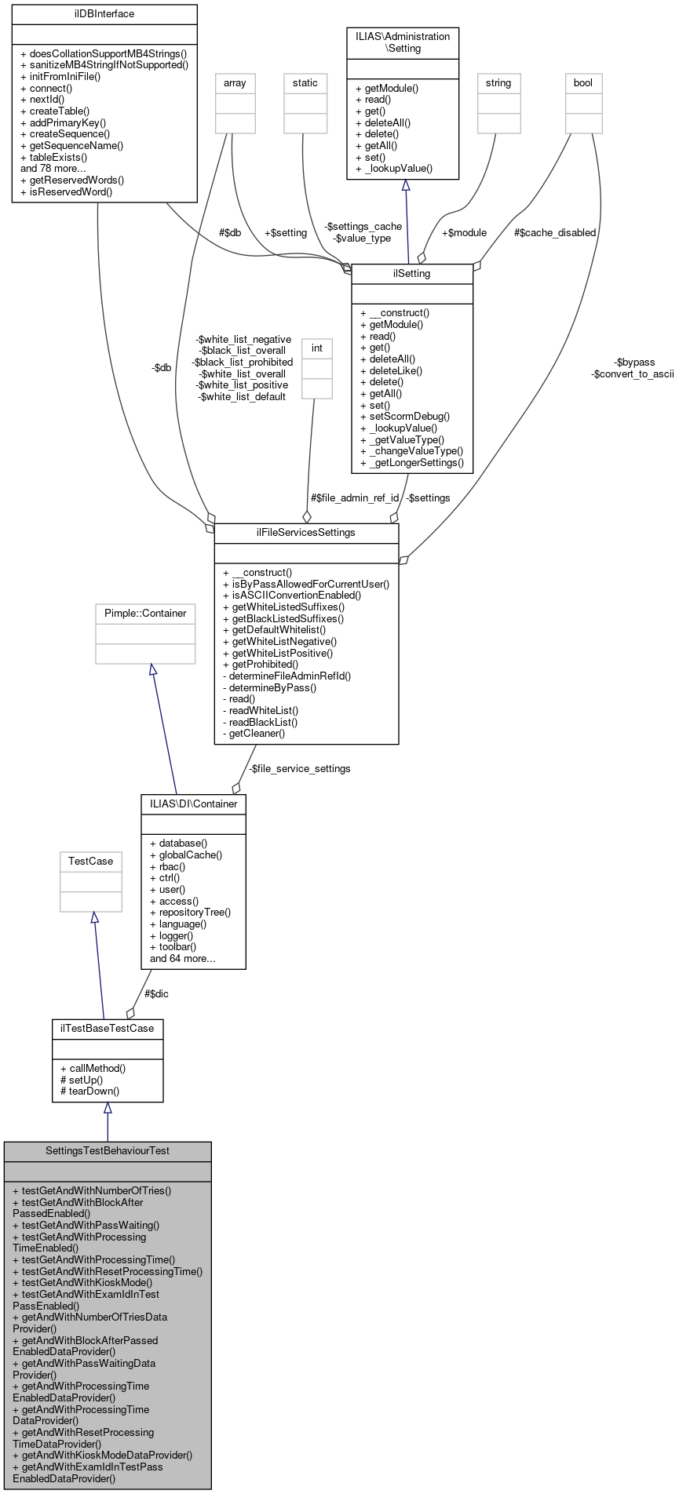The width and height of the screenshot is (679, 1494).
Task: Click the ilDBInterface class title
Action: (x=104, y=13)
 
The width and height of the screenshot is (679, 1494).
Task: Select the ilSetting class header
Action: (x=412, y=273)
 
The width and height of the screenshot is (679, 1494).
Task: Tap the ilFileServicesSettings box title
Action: (x=306, y=532)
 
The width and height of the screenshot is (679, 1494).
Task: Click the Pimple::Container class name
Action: (x=145, y=613)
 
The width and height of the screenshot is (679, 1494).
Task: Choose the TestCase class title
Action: (x=90, y=861)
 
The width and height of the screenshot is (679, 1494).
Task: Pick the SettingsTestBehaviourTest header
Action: (x=108, y=1150)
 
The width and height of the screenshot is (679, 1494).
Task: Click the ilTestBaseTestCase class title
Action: (x=108, y=1028)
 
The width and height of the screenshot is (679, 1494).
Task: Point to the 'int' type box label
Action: (x=317, y=348)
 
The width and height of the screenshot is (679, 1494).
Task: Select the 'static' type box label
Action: (x=305, y=82)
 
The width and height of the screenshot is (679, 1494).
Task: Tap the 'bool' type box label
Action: (x=583, y=82)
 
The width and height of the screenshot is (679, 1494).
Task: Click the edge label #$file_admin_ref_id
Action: (x=355, y=497)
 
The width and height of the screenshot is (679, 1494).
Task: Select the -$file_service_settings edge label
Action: (x=300, y=768)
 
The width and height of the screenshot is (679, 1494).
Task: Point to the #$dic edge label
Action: (x=156, y=993)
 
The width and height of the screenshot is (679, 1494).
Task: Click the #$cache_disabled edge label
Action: (x=555, y=232)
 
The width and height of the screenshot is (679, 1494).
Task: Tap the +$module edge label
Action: (x=464, y=232)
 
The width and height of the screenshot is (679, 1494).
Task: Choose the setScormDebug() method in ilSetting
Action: (x=404, y=416)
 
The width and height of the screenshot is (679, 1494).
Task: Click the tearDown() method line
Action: (x=89, y=1091)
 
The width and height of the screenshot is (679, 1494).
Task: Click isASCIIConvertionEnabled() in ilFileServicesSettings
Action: (x=292, y=595)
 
